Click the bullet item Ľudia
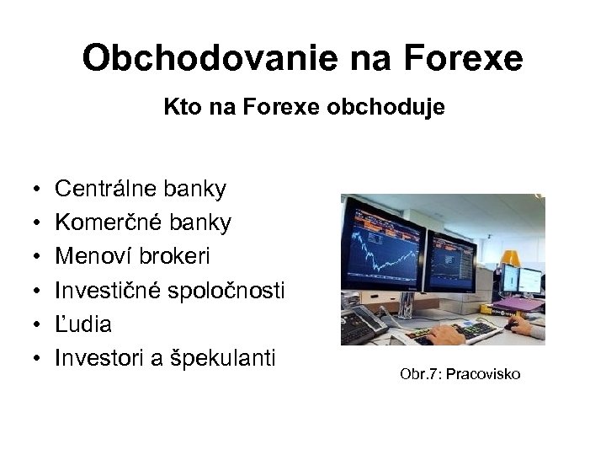point(82,324)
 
